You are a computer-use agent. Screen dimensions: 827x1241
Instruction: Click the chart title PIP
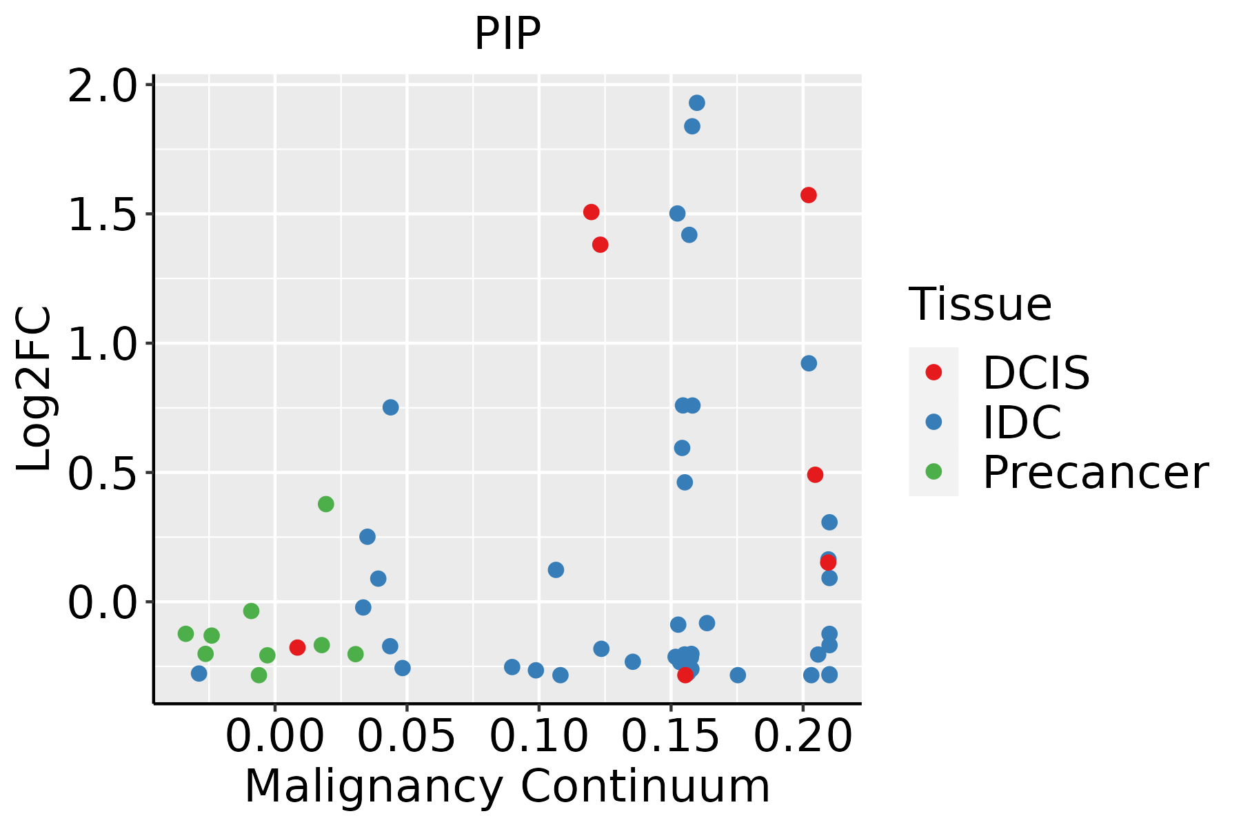(x=507, y=33)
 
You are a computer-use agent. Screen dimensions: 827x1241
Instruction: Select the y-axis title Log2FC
(x=34, y=389)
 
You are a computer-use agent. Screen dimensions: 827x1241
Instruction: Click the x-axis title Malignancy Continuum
(x=507, y=787)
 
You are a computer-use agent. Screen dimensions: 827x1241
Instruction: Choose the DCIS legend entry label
(x=1036, y=373)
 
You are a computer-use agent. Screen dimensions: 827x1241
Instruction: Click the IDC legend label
(x=1022, y=422)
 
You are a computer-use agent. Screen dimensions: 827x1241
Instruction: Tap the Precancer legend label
(x=1095, y=472)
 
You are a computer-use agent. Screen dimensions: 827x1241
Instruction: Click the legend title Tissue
(x=980, y=304)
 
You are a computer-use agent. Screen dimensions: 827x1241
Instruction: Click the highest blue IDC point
(x=697, y=103)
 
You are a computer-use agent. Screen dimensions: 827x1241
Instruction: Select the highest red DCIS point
(x=809, y=195)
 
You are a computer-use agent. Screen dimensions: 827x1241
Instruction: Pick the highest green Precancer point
(x=326, y=504)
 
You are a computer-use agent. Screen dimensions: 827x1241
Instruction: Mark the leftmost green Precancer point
(x=185, y=633)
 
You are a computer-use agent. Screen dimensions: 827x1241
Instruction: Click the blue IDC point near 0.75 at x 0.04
(x=390, y=407)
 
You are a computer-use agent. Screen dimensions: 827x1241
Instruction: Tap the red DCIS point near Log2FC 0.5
(x=815, y=475)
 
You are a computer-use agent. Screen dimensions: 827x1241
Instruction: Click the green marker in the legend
(x=934, y=472)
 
